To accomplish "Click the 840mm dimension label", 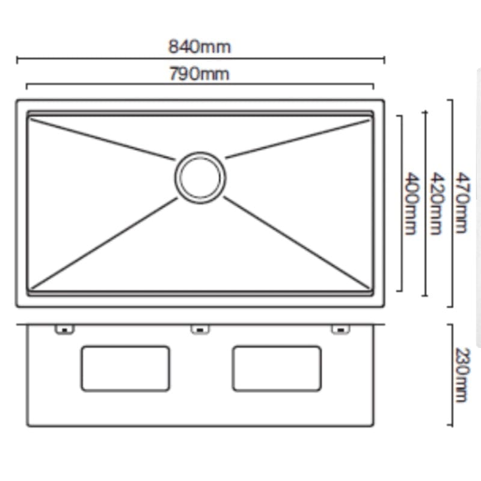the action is coord(200,47).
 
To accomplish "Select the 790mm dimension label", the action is coord(200,74).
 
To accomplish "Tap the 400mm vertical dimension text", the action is coord(411,204).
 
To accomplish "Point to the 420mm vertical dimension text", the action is coord(437,204).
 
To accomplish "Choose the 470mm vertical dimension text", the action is coord(462,203).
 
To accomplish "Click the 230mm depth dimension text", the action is coord(462,375).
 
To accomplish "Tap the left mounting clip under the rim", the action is coord(64,329).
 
